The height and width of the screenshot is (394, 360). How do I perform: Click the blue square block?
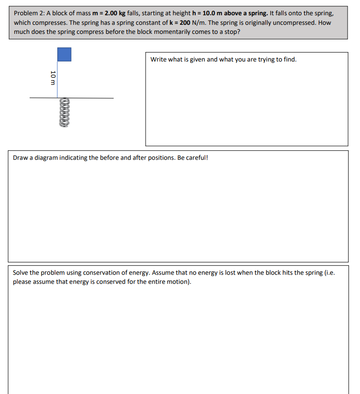pos(64,54)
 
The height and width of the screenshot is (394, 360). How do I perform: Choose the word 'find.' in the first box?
pos(289,60)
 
